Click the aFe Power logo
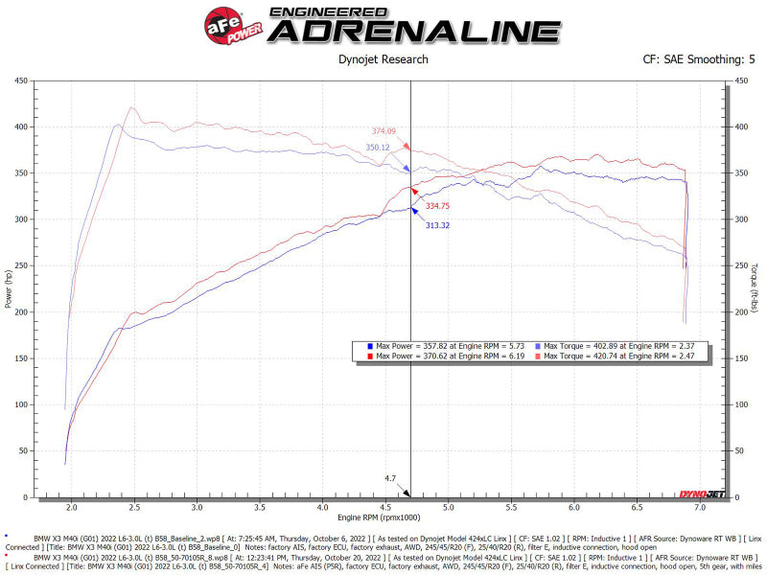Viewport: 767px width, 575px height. [x=230, y=23]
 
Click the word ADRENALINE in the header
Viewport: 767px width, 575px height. [x=414, y=31]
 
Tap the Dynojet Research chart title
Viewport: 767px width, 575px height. [x=383, y=59]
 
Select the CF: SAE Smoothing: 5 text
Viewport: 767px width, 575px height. [x=699, y=59]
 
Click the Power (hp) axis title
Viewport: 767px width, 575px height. [x=9, y=287]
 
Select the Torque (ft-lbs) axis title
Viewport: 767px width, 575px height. [x=755, y=287]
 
